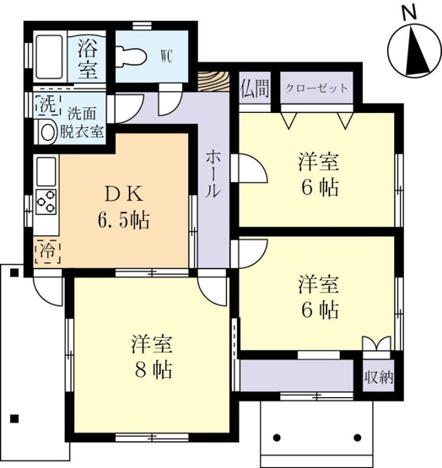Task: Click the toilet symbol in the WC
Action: pos(131,56)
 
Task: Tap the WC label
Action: pos(166,56)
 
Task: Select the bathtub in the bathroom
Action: pos(50,56)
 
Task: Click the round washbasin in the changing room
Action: pos(48,132)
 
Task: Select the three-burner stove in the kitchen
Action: pos(46,202)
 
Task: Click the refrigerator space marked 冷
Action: pos(48,250)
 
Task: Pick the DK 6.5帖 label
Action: pos(124,207)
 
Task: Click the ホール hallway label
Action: pos(213,174)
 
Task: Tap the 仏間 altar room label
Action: pos(255,89)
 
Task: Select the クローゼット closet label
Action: pos(316,89)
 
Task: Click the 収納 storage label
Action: pos(379,378)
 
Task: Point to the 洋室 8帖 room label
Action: pos(153,357)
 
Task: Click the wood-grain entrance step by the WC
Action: pos(213,82)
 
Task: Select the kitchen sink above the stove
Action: pos(46,172)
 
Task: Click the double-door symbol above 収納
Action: pos(376,343)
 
